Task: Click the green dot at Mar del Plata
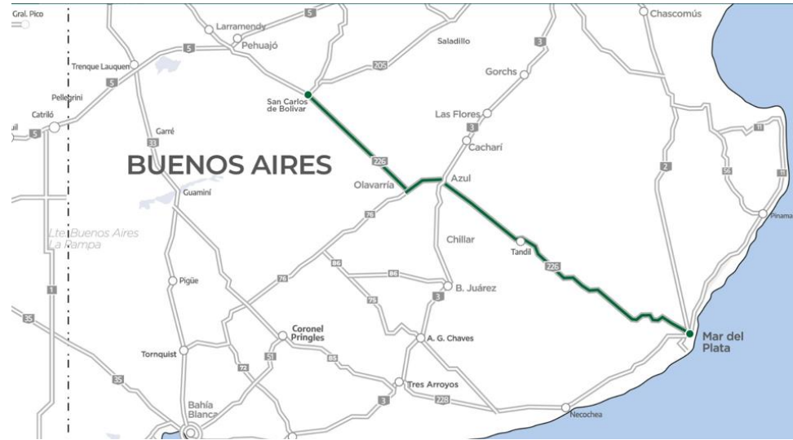[689, 334]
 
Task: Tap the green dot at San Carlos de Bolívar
[308, 95]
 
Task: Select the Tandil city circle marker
[521, 240]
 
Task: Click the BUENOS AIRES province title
[229, 165]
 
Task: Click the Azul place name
[461, 177]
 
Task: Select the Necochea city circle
[565, 407]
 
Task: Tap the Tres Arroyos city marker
[399, 382]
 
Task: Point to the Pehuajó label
[261, 46]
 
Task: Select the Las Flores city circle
[487, 114]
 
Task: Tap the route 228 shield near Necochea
[441, 399]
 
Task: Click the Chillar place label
[460, 240]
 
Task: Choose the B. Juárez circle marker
[447, 286]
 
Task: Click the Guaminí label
[198, 193]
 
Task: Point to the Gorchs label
[501, 72]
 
